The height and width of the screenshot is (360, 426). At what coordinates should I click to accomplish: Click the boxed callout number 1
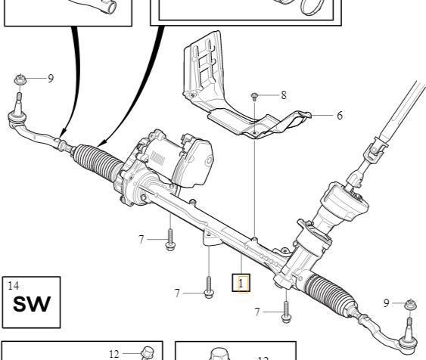[x=241, y=283]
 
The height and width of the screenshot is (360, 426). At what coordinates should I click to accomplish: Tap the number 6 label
[x=340, y=116]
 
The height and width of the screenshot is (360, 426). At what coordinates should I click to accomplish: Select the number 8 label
[x=284, y=95]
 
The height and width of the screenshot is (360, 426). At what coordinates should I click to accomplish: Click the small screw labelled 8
[x=254, y=97]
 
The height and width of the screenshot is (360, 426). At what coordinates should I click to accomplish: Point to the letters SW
[x=32, y=304]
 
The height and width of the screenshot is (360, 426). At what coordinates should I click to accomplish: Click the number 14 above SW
[x=14, y=286]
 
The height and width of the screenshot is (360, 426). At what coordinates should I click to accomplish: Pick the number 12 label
[x=114, y=354]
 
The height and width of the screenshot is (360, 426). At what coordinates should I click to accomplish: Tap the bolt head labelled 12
[x=148, y=352]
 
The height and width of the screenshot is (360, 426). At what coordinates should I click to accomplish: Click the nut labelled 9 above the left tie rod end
[x=20, y=80]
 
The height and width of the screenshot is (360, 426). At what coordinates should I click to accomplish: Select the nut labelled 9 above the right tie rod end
[x=411, y=305]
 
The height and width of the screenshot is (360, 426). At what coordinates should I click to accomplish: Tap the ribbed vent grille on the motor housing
[x=157, y=158]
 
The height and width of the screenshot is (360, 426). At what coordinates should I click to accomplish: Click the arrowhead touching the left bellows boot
[x=101, y=144]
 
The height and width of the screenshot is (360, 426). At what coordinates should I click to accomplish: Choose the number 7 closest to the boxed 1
[x=177, y=293]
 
